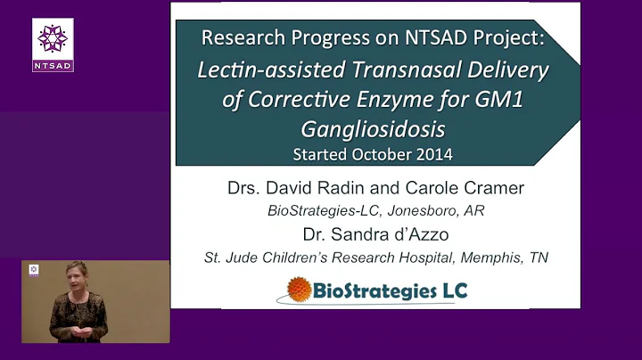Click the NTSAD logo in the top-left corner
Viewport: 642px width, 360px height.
53,44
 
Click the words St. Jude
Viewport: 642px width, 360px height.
226,258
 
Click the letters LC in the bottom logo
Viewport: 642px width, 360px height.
449,290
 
